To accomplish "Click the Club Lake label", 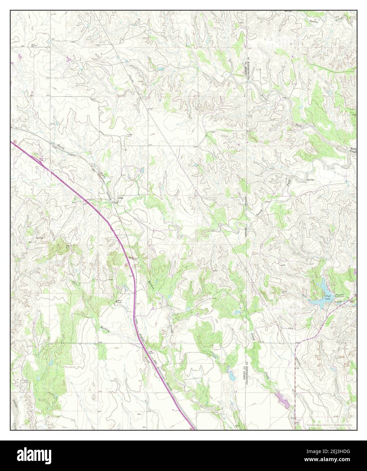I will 328,297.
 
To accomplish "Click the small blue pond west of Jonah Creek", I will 231,375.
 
